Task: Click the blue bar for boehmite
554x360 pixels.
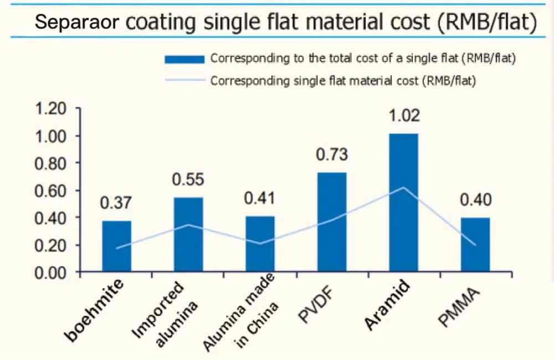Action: coord(117,246)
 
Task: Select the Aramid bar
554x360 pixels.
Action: coord(403,202)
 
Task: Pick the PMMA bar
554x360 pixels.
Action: coord(475,245)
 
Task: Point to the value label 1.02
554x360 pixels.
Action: coord(404,116)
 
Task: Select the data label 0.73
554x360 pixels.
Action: coord(332,155)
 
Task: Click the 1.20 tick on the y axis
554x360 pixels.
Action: coord(51,109)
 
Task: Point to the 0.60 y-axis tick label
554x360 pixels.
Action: coord(51,191)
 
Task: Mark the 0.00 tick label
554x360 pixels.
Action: coord(51,272)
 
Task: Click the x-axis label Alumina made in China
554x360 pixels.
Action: coord(244,316)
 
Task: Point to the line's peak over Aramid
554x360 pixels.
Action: coord(404,187)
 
